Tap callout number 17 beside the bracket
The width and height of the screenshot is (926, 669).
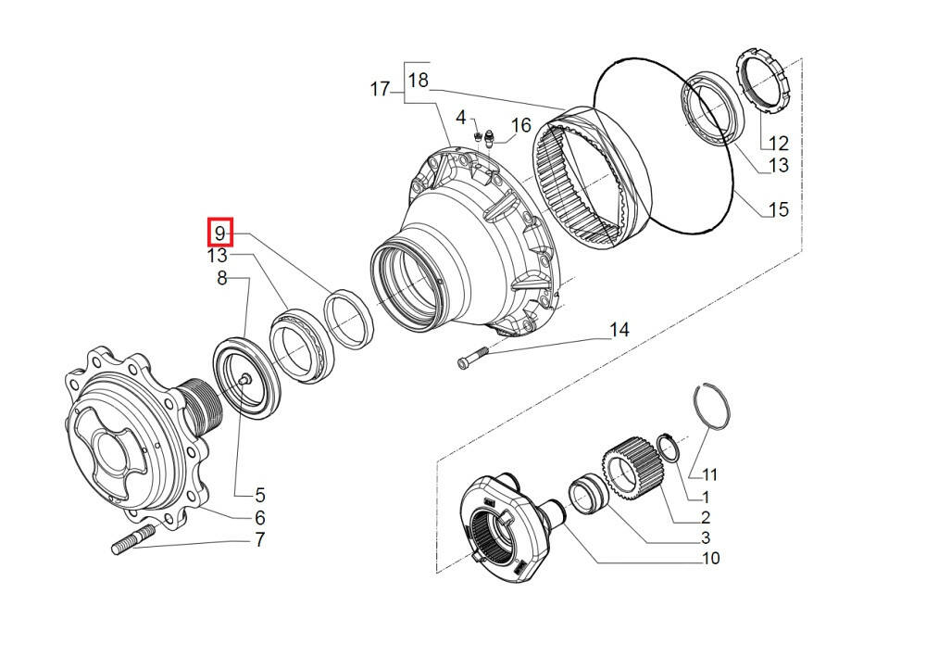pos(380,90)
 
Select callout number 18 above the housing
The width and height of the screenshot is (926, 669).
pos(419,81)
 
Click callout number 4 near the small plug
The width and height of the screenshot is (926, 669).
pos(460,118)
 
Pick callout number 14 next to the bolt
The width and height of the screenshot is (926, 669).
pos(619,330)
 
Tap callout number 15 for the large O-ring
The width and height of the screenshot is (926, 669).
pos(779,210)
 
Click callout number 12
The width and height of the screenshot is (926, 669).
pos(778,144)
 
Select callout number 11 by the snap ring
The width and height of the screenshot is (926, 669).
pos(709,475)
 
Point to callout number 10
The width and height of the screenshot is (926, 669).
pos(711,558)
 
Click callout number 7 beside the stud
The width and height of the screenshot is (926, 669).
pos(260,540)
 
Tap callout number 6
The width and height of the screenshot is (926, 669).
pos(260,518)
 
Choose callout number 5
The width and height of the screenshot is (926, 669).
pos(260,495)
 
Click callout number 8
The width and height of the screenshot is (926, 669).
pos(222,278)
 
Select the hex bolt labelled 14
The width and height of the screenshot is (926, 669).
pos(472,357)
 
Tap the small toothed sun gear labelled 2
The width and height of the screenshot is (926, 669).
pos(632,469)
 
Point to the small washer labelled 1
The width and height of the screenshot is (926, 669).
pos(669,447)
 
